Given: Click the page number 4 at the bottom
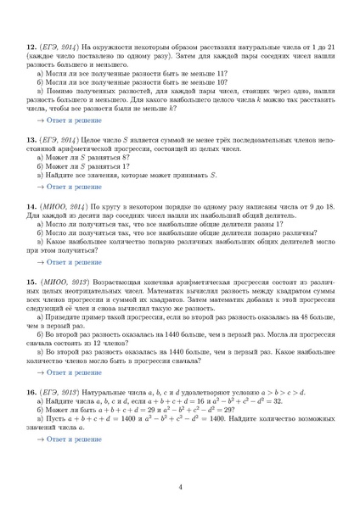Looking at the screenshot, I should click(x=180, y=486).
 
